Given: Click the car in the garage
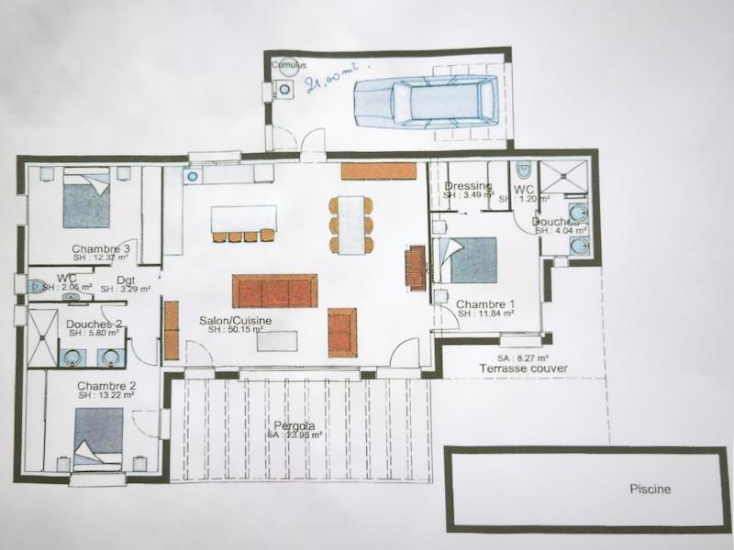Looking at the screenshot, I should coord(427,101).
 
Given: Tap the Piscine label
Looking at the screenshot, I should coord(650,489).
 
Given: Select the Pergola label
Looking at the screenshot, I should coord(294,426).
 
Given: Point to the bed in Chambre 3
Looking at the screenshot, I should coord(86,200).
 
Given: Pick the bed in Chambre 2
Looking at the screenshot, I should coord(98,434).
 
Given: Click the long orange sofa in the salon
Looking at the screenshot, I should coord(274,290).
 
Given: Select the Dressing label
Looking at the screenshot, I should coord(468,186).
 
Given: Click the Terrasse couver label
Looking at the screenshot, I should coord(523,368).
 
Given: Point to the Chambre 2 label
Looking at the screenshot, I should coord(106,385).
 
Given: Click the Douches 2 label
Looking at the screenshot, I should coord(95,324).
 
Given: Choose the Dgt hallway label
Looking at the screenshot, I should coord(126,280).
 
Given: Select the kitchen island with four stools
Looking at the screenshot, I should coord(243,219).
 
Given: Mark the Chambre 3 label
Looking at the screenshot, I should coord(101,248).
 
